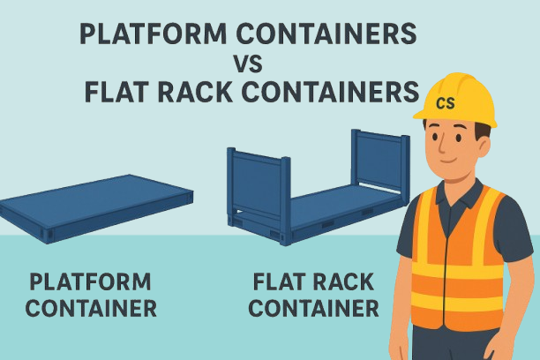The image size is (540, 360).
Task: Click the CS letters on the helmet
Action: pyautogui.click(x=446, y=104)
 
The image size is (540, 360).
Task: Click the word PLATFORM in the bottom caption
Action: pyautogui.click(x=91, y=282)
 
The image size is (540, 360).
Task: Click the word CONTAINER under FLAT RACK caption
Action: pyautogui.click(x=314, y=310)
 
